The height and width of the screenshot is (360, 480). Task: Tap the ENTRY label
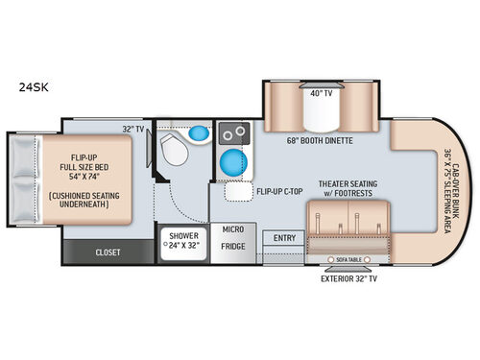click(283, 238)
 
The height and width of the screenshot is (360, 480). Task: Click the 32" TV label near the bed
click(134, 128)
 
